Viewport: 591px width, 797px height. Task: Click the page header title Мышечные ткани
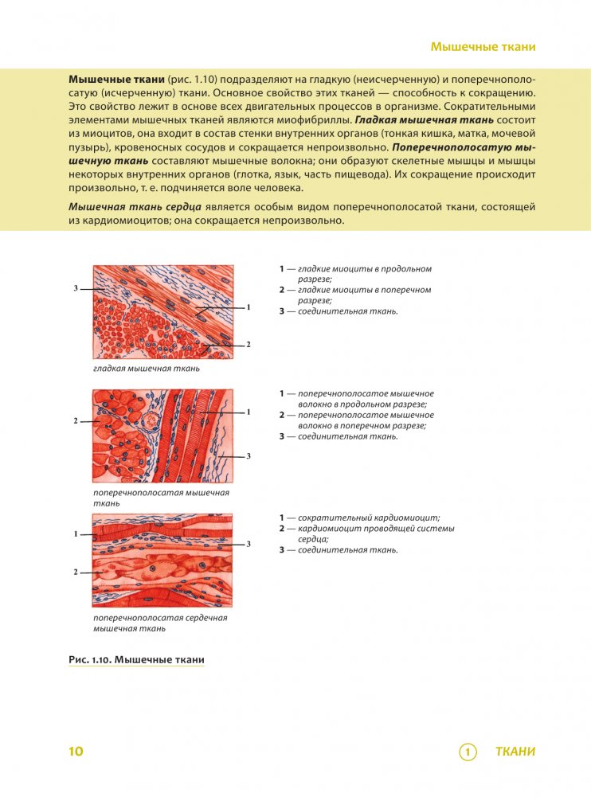point(483,47)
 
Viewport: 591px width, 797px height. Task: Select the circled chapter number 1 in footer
point(468,752)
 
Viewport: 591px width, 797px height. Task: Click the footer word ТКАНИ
point(515,752)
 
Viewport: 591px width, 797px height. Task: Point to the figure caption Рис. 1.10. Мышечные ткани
point(137,660)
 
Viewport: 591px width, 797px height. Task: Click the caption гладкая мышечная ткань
point(146,369)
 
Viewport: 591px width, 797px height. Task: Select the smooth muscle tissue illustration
point(163,312)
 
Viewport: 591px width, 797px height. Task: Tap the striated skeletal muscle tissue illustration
point(163,437)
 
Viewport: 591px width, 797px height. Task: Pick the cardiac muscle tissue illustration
point(163,561)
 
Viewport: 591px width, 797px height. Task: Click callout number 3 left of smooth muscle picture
point(76,287)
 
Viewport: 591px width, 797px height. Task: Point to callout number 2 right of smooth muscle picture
point(249,345)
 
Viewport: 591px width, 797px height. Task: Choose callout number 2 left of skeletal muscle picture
point(76,420)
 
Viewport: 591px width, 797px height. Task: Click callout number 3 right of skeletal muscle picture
point(249,455)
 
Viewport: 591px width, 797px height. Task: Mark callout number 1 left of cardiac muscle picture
point(76,533)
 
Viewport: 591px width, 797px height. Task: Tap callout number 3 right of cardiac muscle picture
point(249,544)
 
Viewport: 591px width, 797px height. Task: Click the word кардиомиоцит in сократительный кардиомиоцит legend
point(406,518)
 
